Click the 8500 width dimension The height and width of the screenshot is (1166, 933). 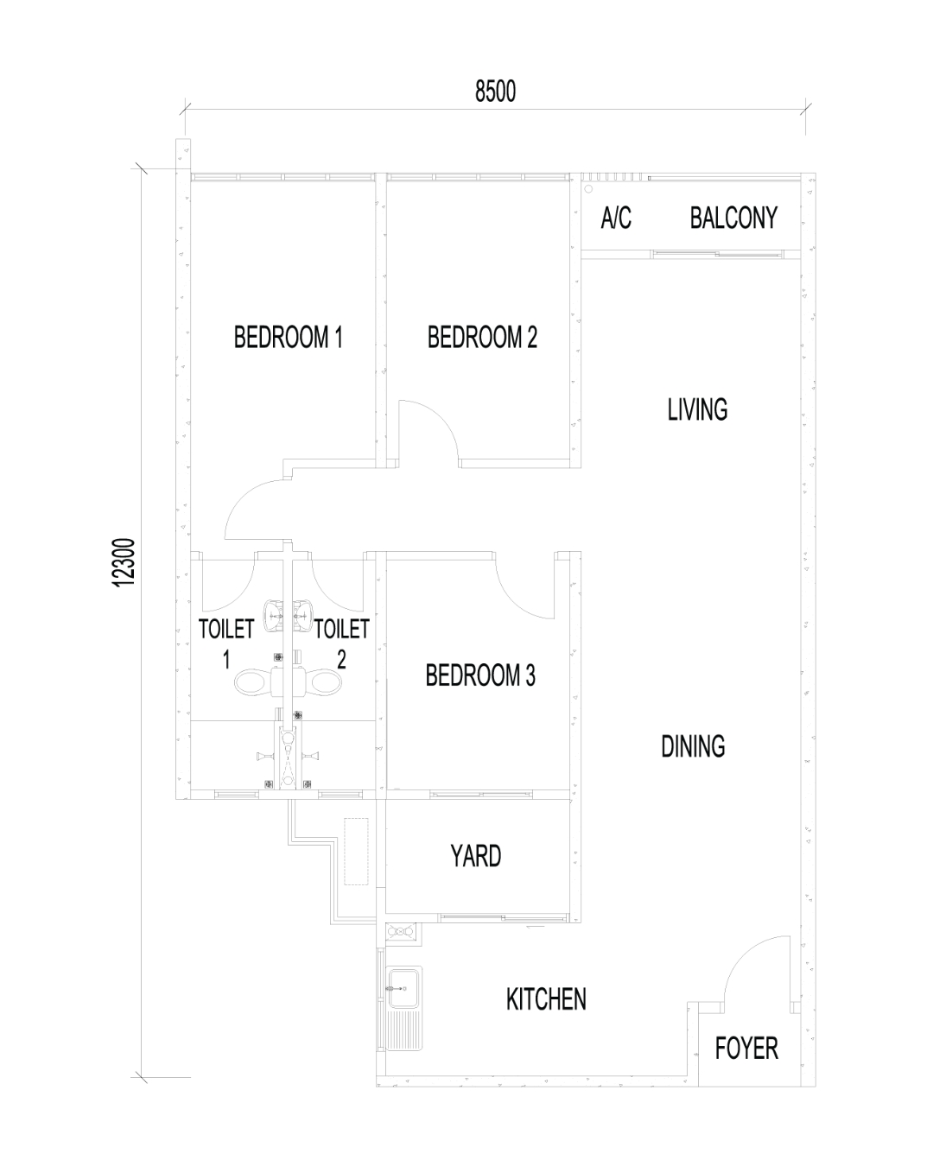tap(495, 92)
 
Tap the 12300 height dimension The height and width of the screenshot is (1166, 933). tap(123, 562)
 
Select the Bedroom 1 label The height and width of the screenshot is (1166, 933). tap(288, 337)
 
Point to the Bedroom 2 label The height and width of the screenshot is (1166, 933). tap(482, 337)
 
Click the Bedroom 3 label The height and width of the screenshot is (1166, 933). tap(480, 675)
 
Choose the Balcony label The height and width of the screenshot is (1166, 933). tap(733, 218)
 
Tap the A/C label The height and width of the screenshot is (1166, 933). tap(616, 218)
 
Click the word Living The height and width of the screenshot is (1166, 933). tap(697, 409)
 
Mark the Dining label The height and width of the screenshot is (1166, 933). tap(693, 746)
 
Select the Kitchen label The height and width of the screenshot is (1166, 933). tap(546, 999)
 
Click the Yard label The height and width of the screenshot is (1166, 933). tap(475, 857)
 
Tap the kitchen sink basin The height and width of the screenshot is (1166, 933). tap(403, 989)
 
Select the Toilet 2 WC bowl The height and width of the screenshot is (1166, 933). tap(323, 682)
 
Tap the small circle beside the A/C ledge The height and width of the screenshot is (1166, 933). tap(589, 188)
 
